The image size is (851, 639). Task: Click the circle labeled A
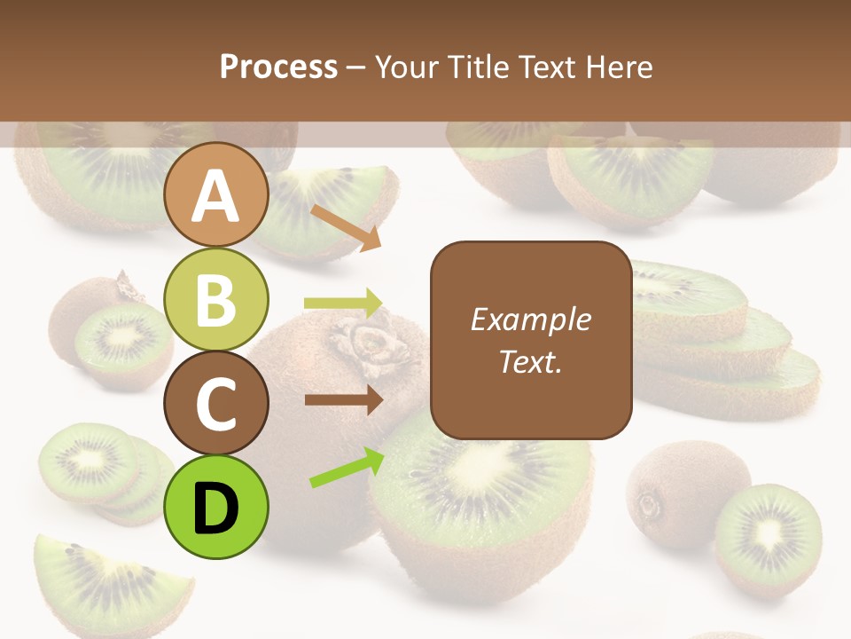click(x=215, y=195)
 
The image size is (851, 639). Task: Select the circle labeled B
click(x=215, y=299)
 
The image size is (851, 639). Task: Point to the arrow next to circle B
click(x=343, y=303)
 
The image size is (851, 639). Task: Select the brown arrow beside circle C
click(x=343, y=399)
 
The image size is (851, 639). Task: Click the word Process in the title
click(x=278, y=67)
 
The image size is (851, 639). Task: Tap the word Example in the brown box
click(x=530, y=319)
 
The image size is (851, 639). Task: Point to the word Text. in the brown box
click(x=530, y=361)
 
